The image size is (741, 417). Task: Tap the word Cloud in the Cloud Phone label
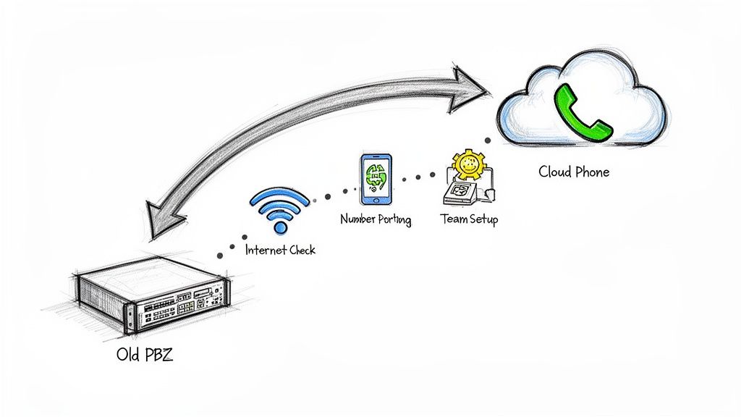tap(556, 172)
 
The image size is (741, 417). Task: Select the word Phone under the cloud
tap(592, 172)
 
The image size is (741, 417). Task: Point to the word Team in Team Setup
tap(453, 219)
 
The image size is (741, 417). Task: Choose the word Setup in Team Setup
tap(483, 219)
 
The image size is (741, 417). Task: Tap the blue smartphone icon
tap(375, 180)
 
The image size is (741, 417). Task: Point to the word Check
tap(300, 250)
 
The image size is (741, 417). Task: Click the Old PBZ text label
tap(144, 355)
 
